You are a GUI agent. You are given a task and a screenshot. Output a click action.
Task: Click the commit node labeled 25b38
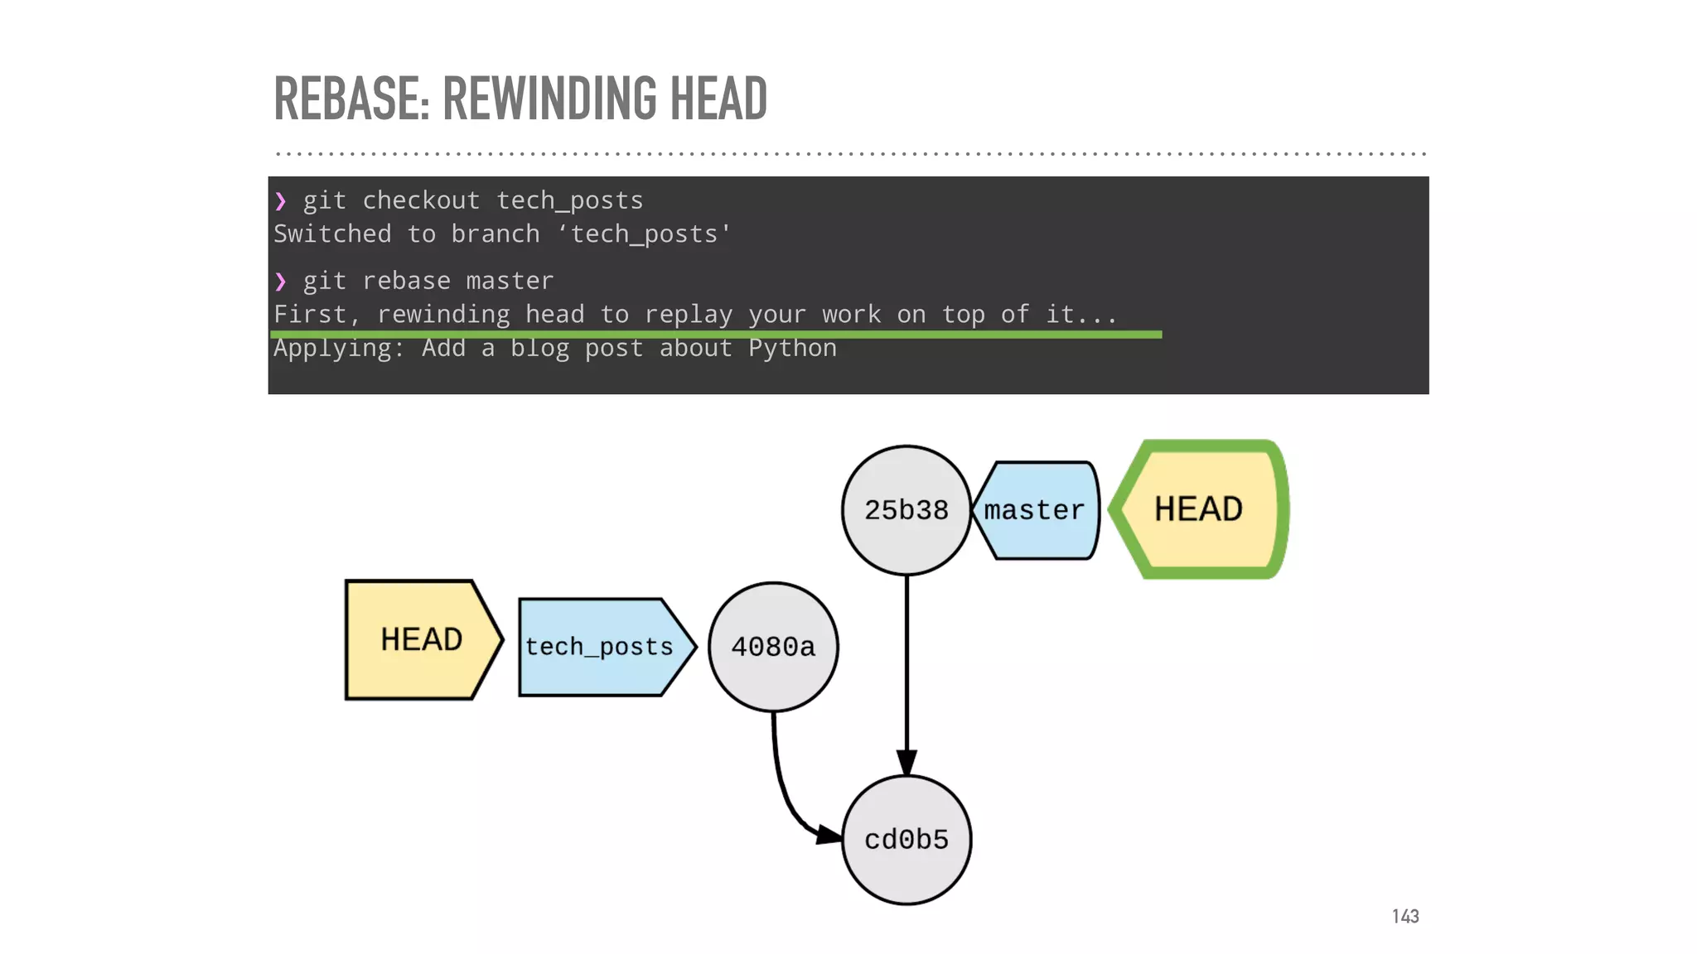tap(906, 510)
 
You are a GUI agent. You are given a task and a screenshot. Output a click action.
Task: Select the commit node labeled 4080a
tap(773, 647)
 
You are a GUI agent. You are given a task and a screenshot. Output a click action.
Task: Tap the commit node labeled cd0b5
tap(906, 840)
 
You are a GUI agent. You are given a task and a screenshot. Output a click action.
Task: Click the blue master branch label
tap(1036, 510)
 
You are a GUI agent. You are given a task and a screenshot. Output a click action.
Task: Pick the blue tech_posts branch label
tap(601, 647)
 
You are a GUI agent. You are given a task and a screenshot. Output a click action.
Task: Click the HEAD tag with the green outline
tap(1199, 509)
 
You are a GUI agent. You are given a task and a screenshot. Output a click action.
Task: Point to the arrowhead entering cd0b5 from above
tap(907, 762)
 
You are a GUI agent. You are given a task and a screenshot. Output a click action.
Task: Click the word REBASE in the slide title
tap(351, 99)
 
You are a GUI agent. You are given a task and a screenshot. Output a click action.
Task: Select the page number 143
tap(1405, 916)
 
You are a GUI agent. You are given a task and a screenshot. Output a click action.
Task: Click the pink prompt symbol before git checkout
tap(281, 201)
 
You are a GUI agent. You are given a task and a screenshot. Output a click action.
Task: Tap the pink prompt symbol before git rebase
tap(281, 282)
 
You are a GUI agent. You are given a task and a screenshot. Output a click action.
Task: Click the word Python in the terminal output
tap(792, 349)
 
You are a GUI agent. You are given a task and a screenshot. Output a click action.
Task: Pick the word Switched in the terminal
tap(332, 234)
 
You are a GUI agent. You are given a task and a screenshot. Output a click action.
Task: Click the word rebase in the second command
tap(407, 282)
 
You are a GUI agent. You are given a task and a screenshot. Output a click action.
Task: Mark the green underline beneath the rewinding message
tap(716, 335)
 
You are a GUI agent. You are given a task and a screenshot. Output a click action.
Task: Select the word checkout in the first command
tap(421, 201)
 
